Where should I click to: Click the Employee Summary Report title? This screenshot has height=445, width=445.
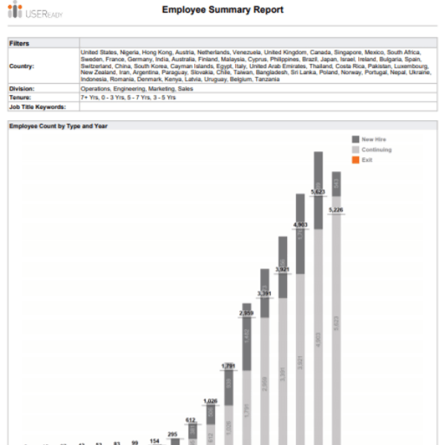[222, 10]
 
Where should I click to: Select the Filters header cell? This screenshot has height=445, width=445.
[19, 43]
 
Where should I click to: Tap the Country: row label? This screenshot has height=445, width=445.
[22, 66]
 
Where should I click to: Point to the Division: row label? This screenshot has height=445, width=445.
[22, 89]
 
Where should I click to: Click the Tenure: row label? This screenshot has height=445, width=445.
[21, 97]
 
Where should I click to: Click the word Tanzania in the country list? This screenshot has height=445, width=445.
[266, 79]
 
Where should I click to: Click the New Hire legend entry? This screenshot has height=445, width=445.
[374, 139]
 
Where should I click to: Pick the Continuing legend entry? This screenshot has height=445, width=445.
[377, 150]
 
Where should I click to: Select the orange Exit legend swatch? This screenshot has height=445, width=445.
[355, 160]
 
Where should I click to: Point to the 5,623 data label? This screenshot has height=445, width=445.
[318, 192]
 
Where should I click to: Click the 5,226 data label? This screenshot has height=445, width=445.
[336, 210]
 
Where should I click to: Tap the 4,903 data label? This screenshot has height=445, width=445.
[300, 224]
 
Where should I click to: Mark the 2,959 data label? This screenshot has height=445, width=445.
[246, 314]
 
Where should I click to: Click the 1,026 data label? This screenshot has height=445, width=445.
[210, 401]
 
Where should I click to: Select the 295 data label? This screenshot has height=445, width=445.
[173, 434]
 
